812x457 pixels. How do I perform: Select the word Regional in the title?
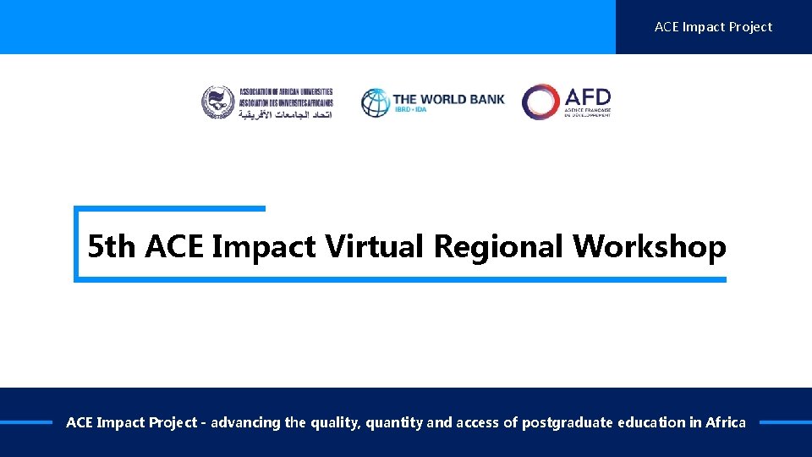pyautogui.click(x=499, y=246)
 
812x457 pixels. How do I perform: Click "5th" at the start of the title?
pyautogui.click(x=112, y=246)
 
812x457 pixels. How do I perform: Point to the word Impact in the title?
pyautogui.click(x=263, y=246)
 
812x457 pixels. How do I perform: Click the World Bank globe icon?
pyautogui.click(x=376, y=102)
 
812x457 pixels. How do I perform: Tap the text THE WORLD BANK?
pyautogui.click(x=448, y=98)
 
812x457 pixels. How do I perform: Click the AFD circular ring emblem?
pyautogui.click(x=540, y=102)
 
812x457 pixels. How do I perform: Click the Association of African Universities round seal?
pyautogui.click(x=217, y=102)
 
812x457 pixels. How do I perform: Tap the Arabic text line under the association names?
pyautogui.click(x=285, y=113)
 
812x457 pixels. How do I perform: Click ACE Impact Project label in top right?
pyautogui.click(x=713, y=27)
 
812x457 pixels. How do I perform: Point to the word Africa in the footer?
pyautogui.click(x=725, y=422)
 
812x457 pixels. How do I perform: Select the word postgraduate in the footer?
pyautogui.click(x=567, y=422)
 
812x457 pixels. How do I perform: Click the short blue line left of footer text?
pyautogui.click(x=26, y=422)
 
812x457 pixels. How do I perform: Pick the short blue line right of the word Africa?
pyautogui.click(x=785, y=422)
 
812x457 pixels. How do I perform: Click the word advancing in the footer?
pyautogui.click(x=245, y=422)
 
